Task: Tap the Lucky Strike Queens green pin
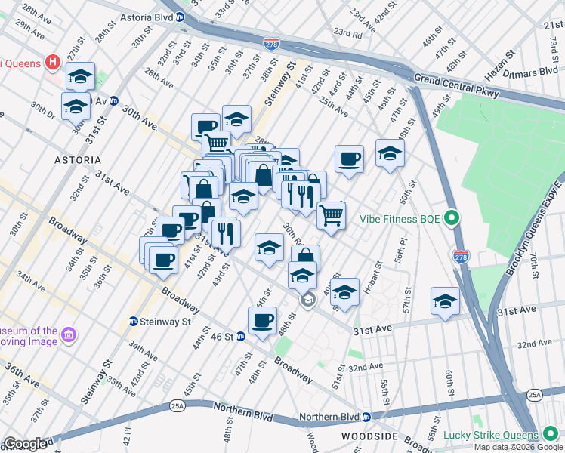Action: click(x=550, y=435)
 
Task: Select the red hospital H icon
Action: click(x=53, y=62)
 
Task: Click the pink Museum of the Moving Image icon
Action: click(x=68, y=334)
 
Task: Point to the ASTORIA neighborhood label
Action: click(x=78, y=160)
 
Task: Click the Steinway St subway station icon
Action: click(x=134, y=321)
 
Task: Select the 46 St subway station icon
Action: click(x=241, y=336)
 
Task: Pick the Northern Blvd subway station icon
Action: click(x=366, y=417)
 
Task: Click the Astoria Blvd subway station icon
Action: click(x=180, y=17)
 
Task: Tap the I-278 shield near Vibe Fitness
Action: click(x=459, y=257)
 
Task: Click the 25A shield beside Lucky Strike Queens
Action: click(x=535, y=395)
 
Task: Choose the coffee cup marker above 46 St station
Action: click(x=262, y=319)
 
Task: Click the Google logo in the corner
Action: click(x=25, y=444)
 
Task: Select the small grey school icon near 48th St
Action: click(x=307, y=300)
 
